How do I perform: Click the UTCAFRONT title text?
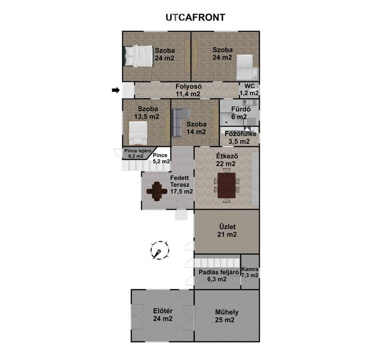(x=195, y=18)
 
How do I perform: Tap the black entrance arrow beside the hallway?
(x=116, y=90)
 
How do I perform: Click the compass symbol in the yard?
(x=160, y=250)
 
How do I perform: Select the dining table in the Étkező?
(x=226, y=186)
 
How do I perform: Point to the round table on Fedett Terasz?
(x=157, y=191)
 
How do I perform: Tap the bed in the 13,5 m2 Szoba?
(x=138, y=133)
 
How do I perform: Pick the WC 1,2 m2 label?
(x=249, y=90)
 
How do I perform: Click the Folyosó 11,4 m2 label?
(x=188, y=90)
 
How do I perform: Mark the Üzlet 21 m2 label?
(x=227, y=230)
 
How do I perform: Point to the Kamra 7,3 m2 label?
(x=250, y=272)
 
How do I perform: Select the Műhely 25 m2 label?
(x=226, y=316)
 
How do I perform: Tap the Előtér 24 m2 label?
(x=163, y=315)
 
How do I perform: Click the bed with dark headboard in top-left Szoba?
(x=138, y=56)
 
